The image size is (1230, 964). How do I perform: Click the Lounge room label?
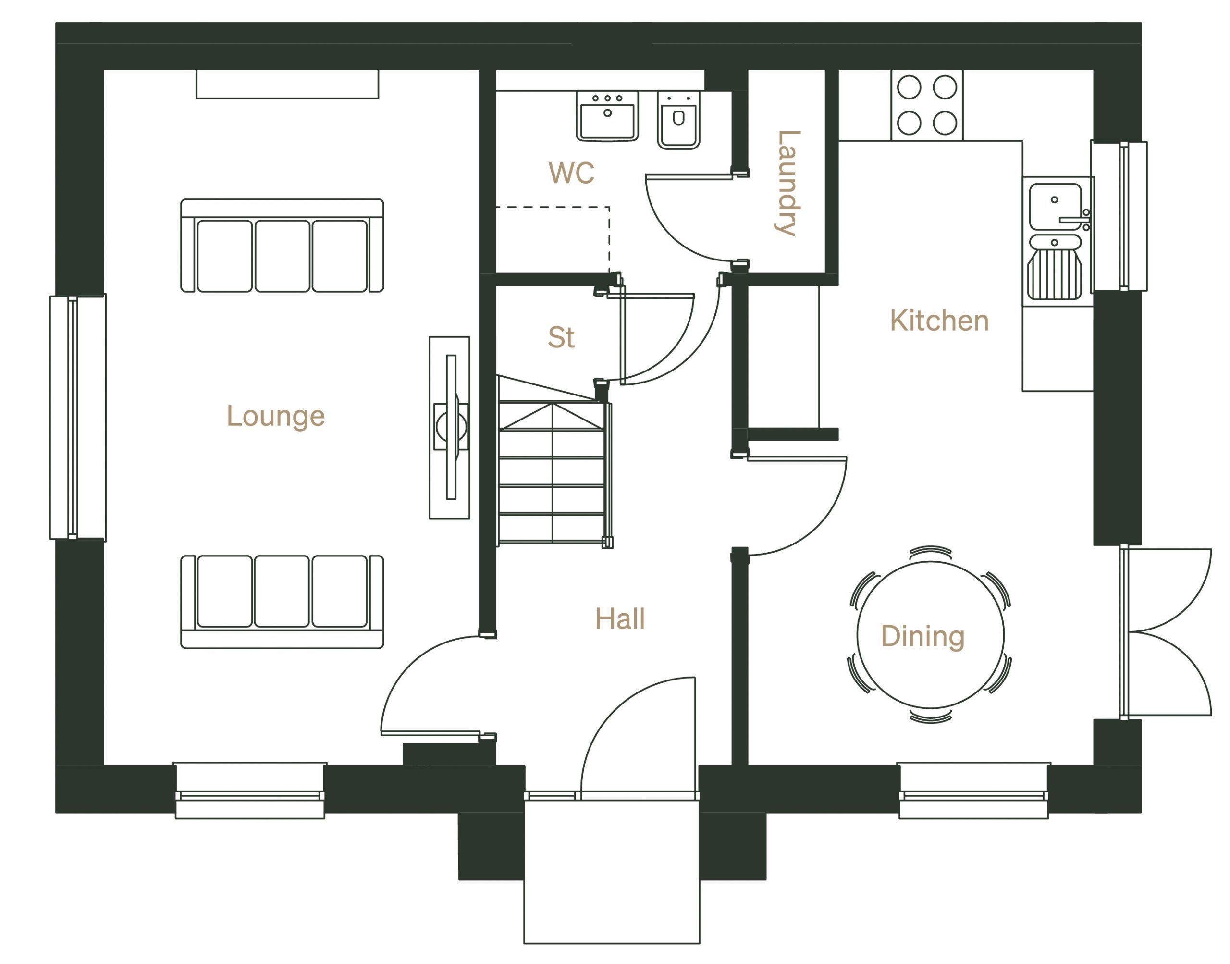pyautogui.click(x=275, y=417)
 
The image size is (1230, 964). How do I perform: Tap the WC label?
pyautogui.click(x=571, y=173)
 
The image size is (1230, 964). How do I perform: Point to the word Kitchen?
pyautogui.click(x=939, y=321)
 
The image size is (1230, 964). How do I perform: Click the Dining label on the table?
pyautogui.click(x=922, y=636)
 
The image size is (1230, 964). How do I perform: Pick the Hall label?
pyautogui.click(x=620, y=618)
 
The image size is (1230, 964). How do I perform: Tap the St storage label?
pyautogui.click(x=561, y=337)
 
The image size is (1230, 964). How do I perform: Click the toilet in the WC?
pyautogui.click(x=679, y=120)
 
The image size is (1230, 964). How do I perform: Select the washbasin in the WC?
pyautogui.click(x=607, y=116)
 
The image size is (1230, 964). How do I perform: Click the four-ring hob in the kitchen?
pyautogui.click(x=927, y=105)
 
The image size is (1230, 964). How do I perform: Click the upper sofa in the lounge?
pyautogui.click(x=282, y=246)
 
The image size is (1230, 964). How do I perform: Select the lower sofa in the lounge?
pyautogui.click(x=282, y=601)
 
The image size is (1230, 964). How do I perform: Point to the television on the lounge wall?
pyautogui.click(x=450, y=427)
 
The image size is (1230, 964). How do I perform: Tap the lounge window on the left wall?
pyautogui.click(x=78, y=417)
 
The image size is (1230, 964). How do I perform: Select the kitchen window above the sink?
pyautogui.click(x=1119, y=216)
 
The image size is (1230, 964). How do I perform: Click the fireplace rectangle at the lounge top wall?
pyautogui.click(x=287, y=84)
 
